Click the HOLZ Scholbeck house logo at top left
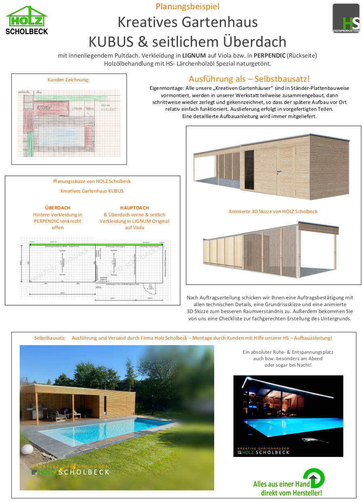click(27, 20)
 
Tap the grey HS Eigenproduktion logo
click(346, 18)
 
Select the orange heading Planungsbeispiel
click(188, 6)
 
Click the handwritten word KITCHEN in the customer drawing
click(44, 108)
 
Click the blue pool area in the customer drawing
click(60, 135)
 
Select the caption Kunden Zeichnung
click(68, 80)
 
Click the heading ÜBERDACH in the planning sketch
click(58, 208)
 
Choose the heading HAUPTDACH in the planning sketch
click(134, 208)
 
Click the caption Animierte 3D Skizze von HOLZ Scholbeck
click(273, 211)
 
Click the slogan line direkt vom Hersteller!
click(291, 493)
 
